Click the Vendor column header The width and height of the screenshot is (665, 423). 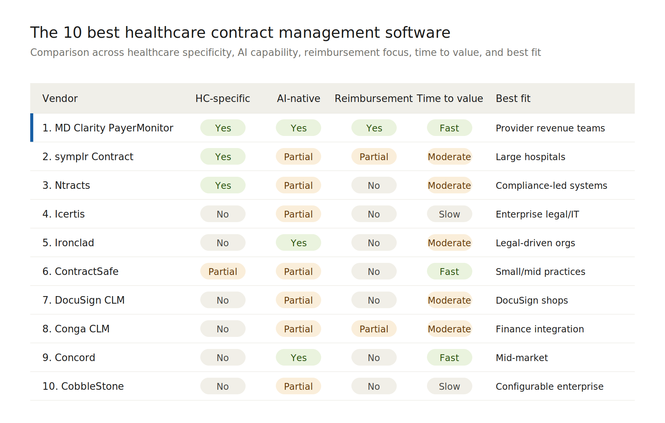60,99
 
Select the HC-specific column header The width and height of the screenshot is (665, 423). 223,99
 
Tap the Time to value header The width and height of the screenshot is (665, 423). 450,99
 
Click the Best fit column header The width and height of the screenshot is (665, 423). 513,99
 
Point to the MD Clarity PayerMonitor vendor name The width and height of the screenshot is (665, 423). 108,128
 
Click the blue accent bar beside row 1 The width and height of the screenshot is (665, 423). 32,128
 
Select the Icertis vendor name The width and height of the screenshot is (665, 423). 63,214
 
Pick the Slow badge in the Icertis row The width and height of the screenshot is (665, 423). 450,214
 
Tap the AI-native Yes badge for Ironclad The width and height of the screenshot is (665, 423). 298,243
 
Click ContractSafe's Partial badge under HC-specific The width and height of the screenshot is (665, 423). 223,272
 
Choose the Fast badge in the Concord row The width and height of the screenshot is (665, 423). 450,358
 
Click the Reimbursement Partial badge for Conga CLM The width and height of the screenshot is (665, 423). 374,329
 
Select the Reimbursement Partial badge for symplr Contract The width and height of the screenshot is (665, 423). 374,157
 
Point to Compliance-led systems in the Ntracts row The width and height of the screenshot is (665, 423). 551,185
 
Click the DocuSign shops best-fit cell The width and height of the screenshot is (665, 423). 532,300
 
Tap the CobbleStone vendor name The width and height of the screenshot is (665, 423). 83,386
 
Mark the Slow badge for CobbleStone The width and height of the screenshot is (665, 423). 450,386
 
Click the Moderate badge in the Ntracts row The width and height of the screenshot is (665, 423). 450,185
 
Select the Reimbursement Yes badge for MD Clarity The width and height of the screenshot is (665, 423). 374,128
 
